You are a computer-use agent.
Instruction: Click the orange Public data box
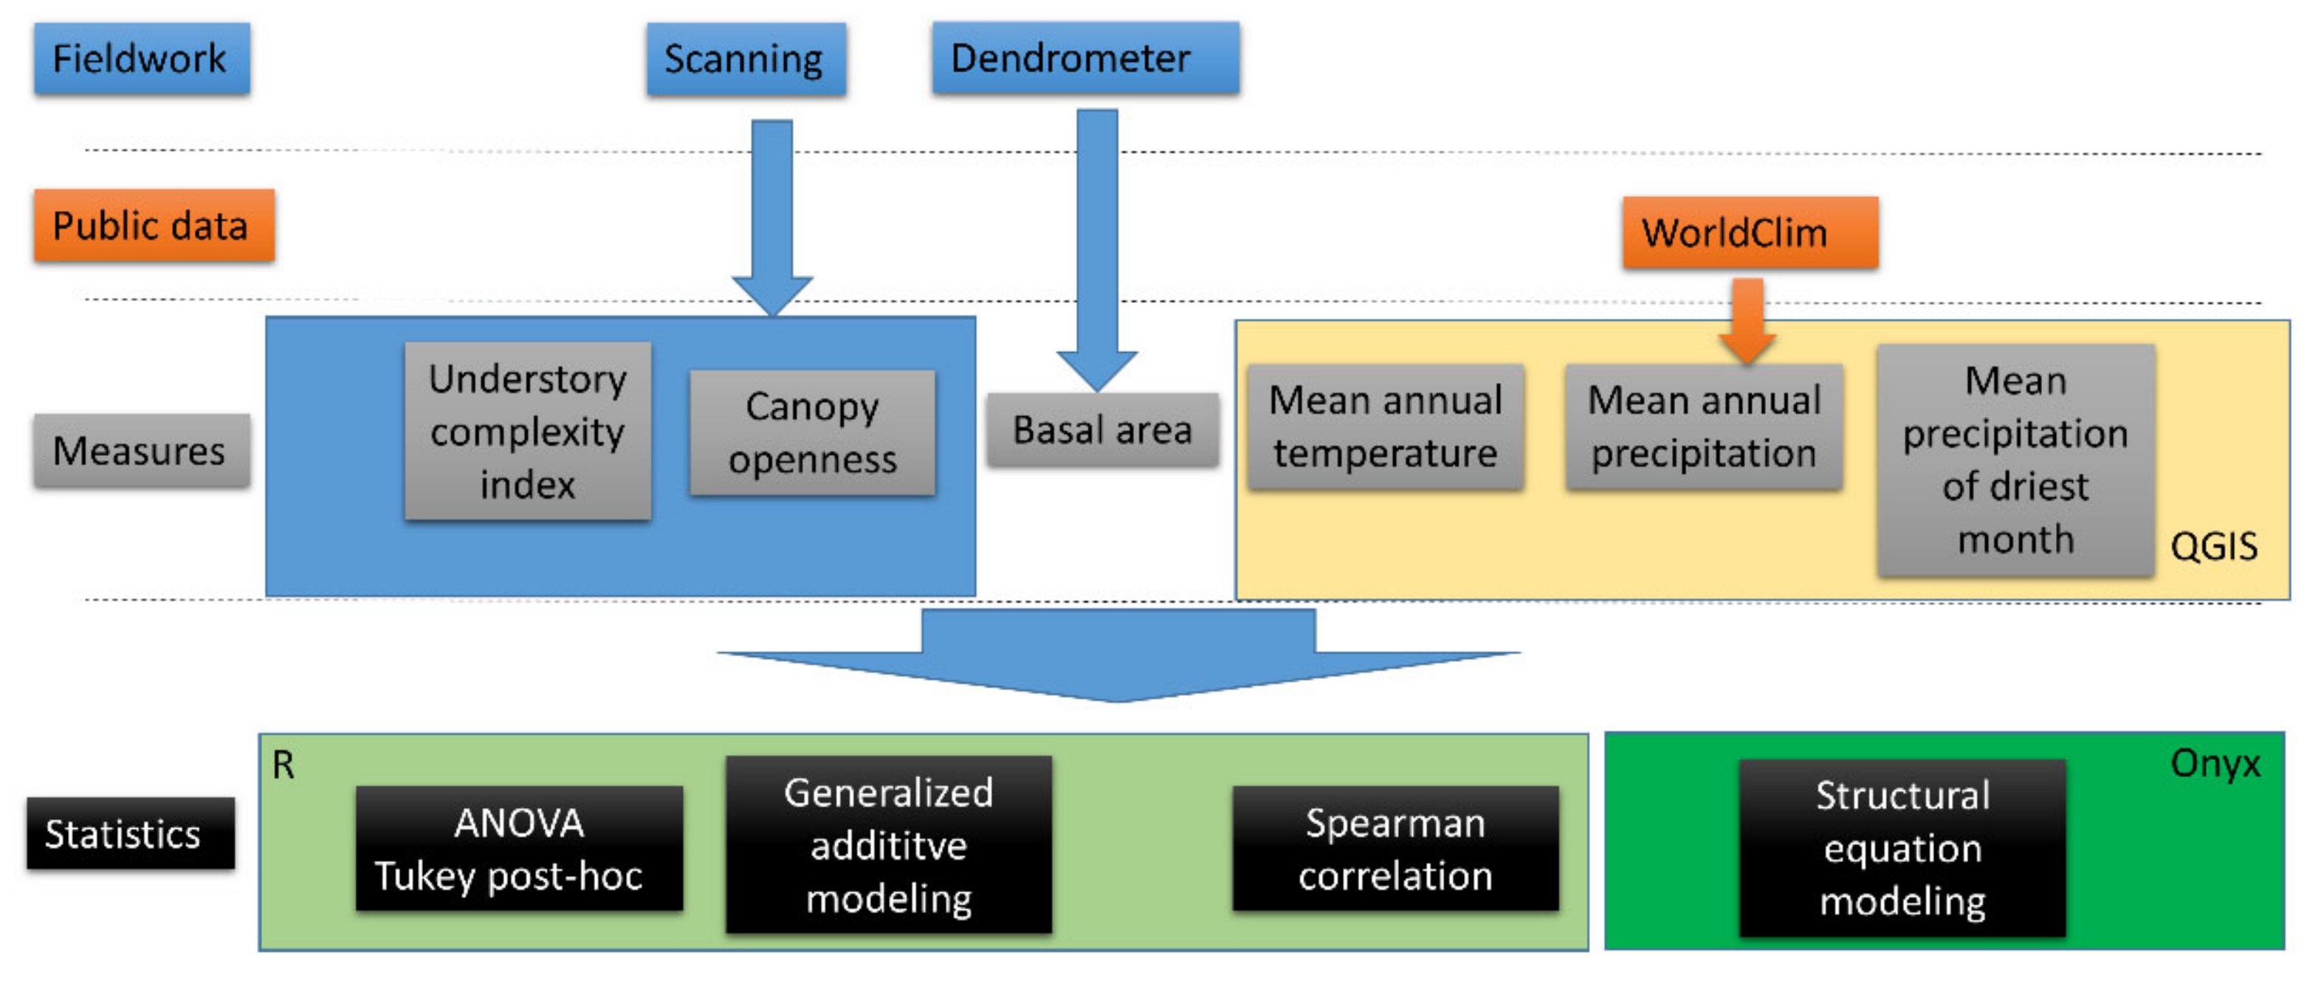pyautogui.click(x=154, y=226)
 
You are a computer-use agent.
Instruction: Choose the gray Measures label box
pyautogui.click(x=142, y=450)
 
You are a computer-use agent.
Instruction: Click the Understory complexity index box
pyautogui.click(x=528, y=431)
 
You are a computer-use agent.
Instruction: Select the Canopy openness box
pyautogui.click(x=812, y=433)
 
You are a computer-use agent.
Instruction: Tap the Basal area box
pyautogui.click(x=1101, y=430)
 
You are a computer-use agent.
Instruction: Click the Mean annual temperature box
pyautogui.click(x=1385, y=427)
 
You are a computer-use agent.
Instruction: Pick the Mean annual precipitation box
pyautogui.click(x=1702, y=427)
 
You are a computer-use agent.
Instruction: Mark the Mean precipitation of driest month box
pyautogui.click(x=2015, y=460)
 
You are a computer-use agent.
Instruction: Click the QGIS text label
pyautogui.click(x=2213, y=547)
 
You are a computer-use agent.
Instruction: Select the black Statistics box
pyautogui.click(x=130, y=833)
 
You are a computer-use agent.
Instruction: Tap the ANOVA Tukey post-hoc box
pyautogui.click(x=519, y=849)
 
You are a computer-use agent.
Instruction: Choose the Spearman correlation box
pyautogui.click(x=1394, y=849)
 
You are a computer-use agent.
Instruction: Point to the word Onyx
pyautogui.click(x=2214, y=764)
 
